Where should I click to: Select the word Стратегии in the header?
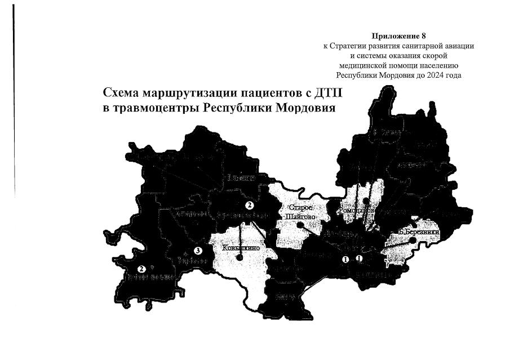pyautogui.click(x=355, y=46)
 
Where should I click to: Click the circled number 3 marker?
pyautogui.click(x=197, y=250)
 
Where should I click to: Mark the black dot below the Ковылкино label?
pyautogui.click(x=240, y=258)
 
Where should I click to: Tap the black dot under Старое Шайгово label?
pyautogui.click(x=300, y=224)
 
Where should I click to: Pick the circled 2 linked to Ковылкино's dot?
pyautogui.click(x=248, y=205)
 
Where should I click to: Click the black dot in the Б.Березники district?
pyautogui.click(x=414, y=240)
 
